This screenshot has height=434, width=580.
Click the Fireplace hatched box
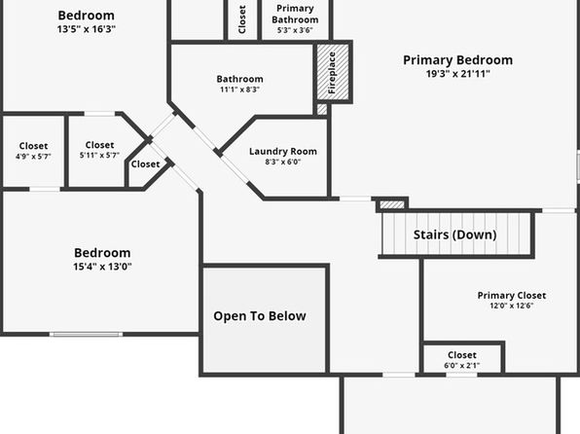point(333,72)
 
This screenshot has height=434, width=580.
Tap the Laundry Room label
point(283,152)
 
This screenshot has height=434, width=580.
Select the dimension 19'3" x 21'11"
point(458,74)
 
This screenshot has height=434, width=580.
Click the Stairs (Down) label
point(455,235)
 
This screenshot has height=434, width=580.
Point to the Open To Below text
point(260,316)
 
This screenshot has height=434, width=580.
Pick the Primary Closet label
point(512,295)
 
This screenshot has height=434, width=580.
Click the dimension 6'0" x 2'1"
point(461,366)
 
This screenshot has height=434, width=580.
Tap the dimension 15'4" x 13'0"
point(102,267)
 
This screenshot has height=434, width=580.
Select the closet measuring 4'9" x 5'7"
point(33,151)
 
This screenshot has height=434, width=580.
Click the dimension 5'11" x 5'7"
point(99,155)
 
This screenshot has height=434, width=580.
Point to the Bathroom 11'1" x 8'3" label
point(240,84)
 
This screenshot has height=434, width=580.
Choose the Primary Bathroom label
point(295,14)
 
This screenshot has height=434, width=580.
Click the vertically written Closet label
point(242,19)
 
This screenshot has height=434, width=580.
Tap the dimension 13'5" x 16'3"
point(87,29)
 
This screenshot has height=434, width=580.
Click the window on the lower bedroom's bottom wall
point(87,334)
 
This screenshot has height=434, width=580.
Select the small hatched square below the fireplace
point(322,109)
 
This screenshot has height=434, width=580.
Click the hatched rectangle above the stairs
point(392,204)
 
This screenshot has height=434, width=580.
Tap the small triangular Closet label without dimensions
point(145,163)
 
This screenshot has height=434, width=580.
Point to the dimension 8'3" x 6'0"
point(283,162)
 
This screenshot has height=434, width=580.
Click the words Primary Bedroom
point(458,60)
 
